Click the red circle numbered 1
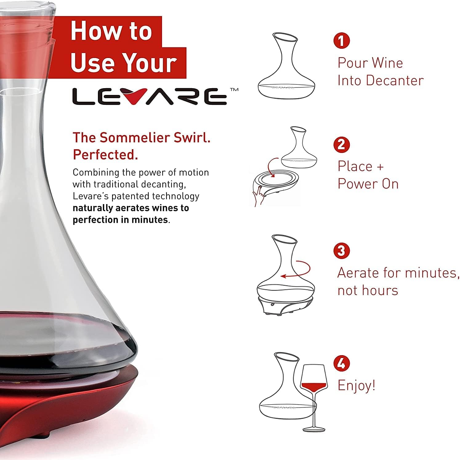[x=341, y=40]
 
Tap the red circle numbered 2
[x=341, y=144]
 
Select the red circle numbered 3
[x=341, y=251]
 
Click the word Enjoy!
[x=356, y=385]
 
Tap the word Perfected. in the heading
[x=105, y=154]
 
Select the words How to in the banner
[x=111, y=31]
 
